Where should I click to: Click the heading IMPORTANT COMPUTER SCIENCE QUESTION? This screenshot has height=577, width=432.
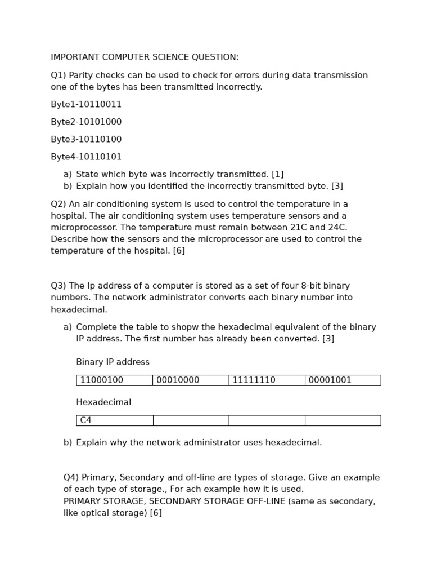145,57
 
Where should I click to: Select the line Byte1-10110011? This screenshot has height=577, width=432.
86,105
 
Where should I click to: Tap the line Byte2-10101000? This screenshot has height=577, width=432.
86,122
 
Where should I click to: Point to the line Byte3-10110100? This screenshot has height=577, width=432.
86,140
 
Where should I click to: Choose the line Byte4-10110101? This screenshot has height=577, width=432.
86,157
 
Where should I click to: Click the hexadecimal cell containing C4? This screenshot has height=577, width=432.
114,420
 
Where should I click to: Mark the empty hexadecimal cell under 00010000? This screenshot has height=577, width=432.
191,420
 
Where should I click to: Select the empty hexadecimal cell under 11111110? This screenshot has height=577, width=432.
267,420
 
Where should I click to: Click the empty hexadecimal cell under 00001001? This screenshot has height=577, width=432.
343,420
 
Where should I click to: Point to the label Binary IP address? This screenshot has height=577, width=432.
112,362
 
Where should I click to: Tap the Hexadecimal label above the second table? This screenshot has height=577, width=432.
103,402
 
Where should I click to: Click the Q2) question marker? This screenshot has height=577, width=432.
58,204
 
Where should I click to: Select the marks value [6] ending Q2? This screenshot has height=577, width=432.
179,251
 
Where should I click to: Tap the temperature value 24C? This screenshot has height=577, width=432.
337,228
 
